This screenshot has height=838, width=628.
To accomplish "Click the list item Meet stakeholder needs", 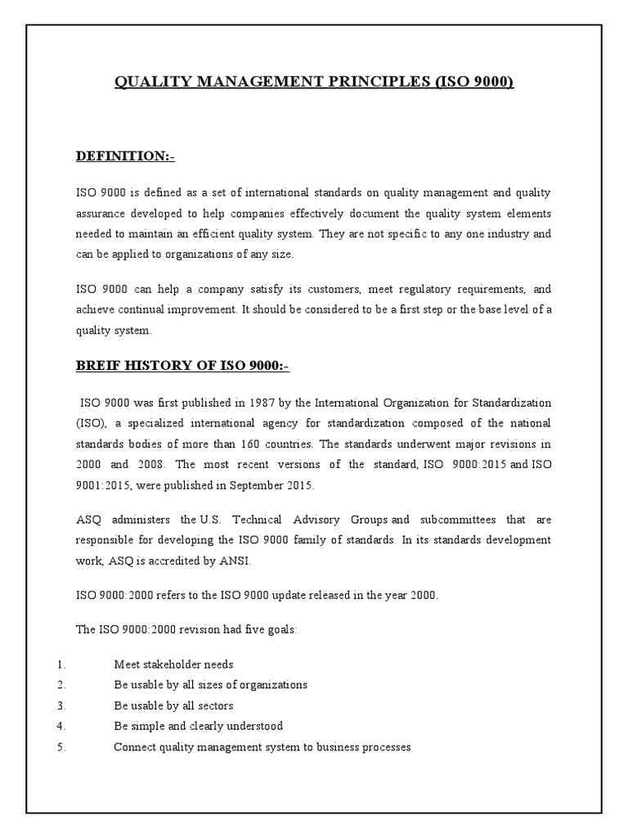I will [x=173, y=665].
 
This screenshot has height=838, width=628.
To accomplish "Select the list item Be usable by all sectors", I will [x=173, y=705].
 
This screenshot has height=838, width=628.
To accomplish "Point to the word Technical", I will [x=257, y=520].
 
